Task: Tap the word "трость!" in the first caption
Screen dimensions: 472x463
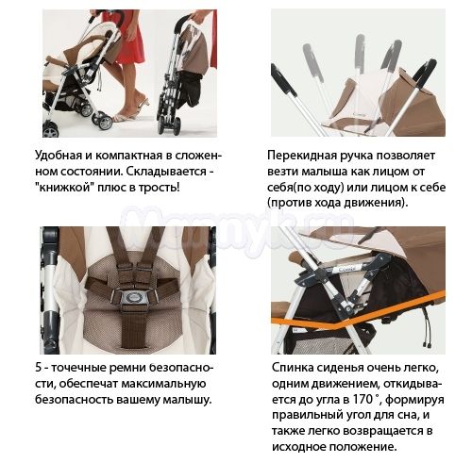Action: (x=160, y=188)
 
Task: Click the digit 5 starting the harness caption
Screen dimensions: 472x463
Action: (x=39, y=368)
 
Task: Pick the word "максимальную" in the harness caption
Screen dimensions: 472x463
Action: (x=163, y=384)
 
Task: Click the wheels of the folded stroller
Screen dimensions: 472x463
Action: (x=169, y=125)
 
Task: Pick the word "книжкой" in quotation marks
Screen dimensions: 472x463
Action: (x=64, y=188)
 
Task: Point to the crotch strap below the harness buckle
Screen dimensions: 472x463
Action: (x=135, y=327)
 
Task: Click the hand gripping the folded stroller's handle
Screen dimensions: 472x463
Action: (x=198, y=16)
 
